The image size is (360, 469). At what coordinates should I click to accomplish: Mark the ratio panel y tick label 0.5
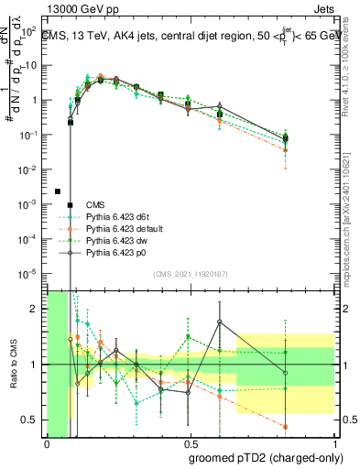[29, 420]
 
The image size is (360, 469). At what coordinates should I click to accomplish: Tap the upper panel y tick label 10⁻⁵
[29, 273]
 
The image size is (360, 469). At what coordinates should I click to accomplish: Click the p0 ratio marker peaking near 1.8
[220, 322]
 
